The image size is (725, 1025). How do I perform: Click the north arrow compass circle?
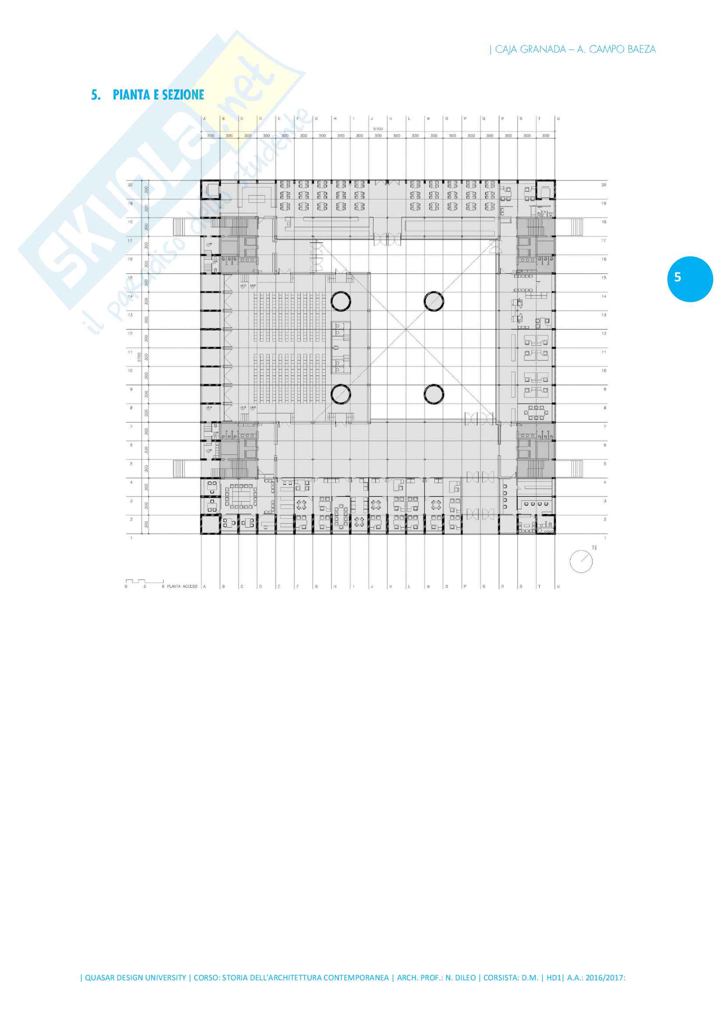581,561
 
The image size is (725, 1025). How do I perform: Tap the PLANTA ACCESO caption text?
182,586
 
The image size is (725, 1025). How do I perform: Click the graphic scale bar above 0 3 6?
144,581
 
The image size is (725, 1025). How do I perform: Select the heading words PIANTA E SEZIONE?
159,95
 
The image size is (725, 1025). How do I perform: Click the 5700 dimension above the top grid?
378,128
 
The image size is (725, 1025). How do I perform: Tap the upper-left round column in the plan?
341,301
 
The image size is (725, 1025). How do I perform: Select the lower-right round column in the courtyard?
434,394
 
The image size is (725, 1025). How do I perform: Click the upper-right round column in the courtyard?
434,301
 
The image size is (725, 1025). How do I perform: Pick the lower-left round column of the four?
341,394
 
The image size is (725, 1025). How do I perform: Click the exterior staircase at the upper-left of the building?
179,227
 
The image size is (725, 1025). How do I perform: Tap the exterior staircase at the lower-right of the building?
576,469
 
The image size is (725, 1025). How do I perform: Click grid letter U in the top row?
558,119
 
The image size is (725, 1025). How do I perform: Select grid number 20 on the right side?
604,184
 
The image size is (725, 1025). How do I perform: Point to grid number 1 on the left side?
131,538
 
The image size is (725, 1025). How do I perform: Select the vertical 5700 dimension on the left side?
139,357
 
